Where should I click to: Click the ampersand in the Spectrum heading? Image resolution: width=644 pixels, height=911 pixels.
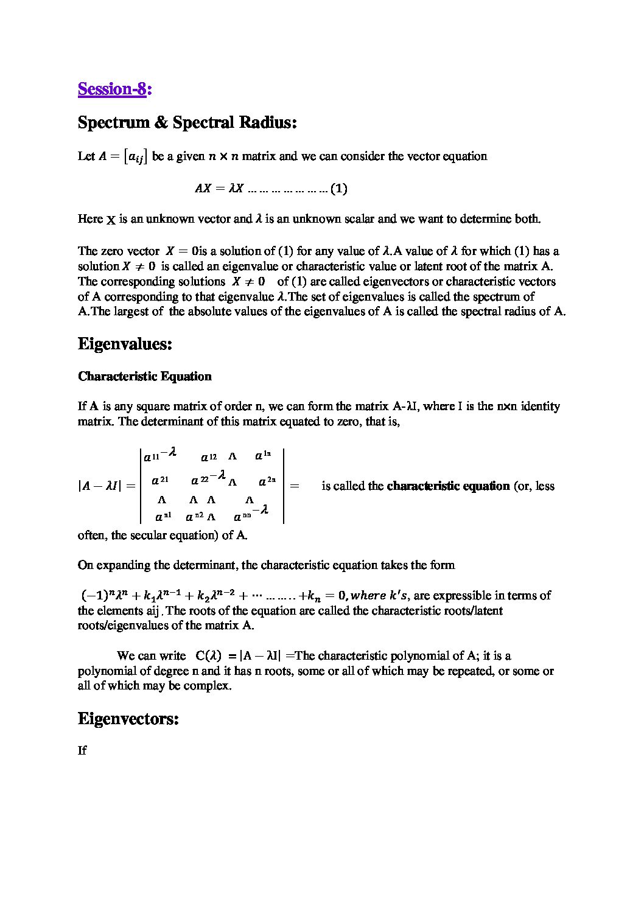[161, 123]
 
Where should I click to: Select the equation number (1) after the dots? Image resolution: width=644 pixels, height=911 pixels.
[339, 189]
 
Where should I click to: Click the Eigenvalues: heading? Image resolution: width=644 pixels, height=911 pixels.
[125, 344]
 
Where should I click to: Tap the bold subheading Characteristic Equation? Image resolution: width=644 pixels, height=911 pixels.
[144, 376]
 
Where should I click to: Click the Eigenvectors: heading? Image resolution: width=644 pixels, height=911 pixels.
[128, 719]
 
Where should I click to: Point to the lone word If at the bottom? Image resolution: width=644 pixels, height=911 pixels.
[82, 750]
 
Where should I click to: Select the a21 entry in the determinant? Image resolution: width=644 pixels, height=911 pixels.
[160, 481]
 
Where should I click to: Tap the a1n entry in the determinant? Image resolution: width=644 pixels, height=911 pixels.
[263, 455]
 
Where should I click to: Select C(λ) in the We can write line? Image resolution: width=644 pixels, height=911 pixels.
[209, 656]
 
